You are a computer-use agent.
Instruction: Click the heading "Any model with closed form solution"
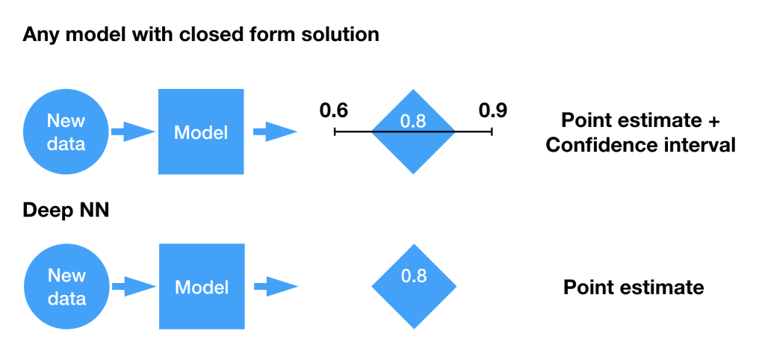(200, 34)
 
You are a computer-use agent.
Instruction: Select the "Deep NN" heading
(66, 211)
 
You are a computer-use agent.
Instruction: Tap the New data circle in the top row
(66, 131)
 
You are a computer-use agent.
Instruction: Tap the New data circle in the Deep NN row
(66, 286)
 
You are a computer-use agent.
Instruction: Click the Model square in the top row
(201, 131)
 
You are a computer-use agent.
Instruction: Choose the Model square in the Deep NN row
(202, 286)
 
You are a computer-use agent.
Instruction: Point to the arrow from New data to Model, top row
(133, 131)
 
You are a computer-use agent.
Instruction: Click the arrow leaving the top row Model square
(275, 131)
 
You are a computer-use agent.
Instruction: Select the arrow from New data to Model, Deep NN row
(134, 286)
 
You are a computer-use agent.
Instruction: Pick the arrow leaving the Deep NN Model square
(276, 286)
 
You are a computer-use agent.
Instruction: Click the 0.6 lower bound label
(334, 111)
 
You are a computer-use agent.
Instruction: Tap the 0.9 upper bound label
(493, 111)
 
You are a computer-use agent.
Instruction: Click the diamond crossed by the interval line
(413, 131)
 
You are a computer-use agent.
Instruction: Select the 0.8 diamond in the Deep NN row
(414, 286)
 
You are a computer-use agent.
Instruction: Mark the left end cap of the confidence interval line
(335, 131)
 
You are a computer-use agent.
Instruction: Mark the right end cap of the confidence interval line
(492, 131)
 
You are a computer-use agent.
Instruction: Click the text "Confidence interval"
(640, 146)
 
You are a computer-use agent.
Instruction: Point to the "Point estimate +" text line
(640, 120)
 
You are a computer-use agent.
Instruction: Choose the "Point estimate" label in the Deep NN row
(634, 288)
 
